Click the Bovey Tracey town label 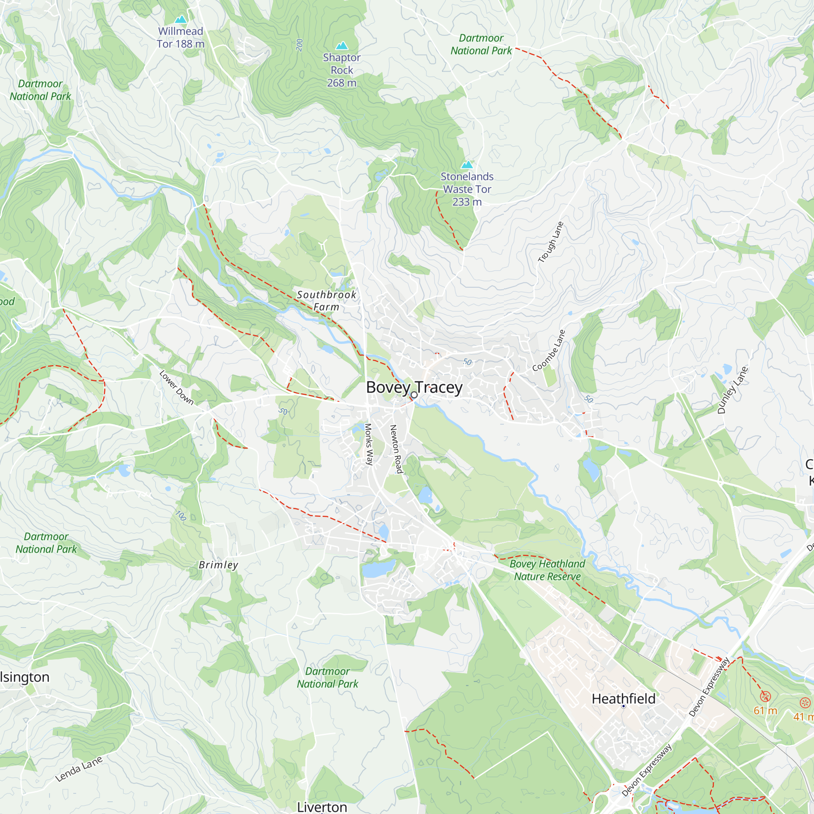click(x=414, y=387)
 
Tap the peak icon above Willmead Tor click(x=181, y=20)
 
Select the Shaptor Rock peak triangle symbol click(x=342, y=46)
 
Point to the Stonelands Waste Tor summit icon click(x=467, y=165)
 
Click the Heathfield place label click(x=623, y=699)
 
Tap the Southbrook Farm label click(x=326, y=301)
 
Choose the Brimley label click(x=218, y=565)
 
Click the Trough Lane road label click(x=551, y=242)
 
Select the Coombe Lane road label click(x=549, y=350)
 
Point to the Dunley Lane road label click(x=733, y=390)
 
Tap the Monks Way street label click(x=369, y=444)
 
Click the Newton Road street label click(x=396, y=449)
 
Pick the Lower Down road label click(x=177, y=387)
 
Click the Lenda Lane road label click(x=79, y=769)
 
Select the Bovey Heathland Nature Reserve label click(x=547, y=570)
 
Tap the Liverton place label click(x=322, y=807)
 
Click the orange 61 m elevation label click(x=765, y=711)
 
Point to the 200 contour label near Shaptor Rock click(x=300, y=45)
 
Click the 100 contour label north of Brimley click(x=181, y=515)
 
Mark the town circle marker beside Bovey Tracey click(x=414, y=395)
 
